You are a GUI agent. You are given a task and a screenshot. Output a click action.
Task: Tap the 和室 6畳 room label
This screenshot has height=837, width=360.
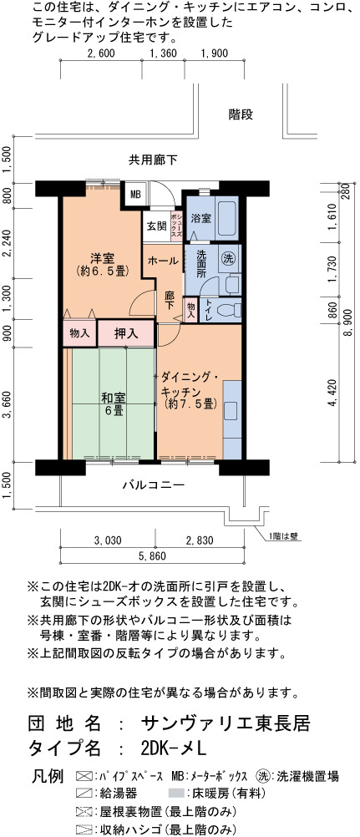point(114,404)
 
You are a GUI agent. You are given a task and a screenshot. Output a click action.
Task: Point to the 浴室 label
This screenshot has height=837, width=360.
point(200,218)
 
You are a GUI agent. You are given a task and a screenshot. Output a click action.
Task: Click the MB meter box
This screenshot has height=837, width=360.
point(134,195)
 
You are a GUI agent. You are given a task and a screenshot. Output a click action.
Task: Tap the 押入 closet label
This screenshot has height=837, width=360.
point(127,334)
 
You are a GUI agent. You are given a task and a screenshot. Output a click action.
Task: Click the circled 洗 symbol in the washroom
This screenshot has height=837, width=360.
point(228,259)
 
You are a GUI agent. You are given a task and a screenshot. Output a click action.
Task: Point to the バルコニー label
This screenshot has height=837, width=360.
point(154,485)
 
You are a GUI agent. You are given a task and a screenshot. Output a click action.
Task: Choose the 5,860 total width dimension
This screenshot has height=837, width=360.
point(152,555)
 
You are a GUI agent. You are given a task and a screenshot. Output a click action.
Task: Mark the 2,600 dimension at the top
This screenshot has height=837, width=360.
point(100,53)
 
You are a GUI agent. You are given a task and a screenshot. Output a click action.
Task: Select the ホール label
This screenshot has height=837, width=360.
point(162,261)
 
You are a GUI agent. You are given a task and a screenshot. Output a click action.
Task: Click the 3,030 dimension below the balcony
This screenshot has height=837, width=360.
point(108,540)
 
